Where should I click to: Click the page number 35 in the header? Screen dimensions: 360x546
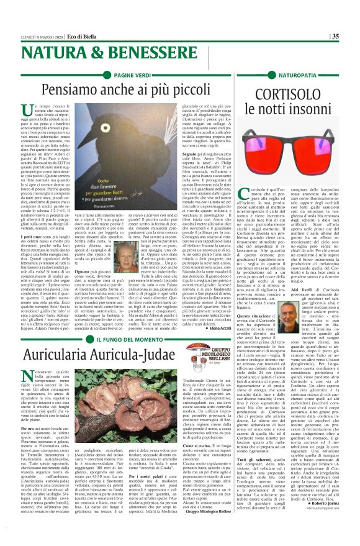click(352, 37)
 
